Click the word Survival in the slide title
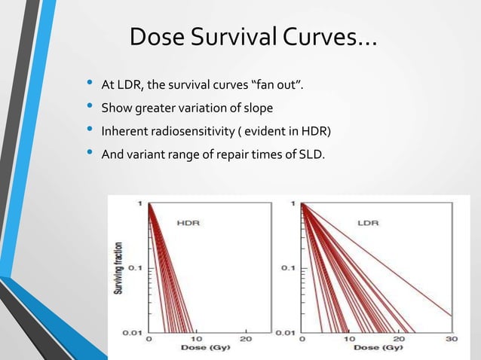[236, 36]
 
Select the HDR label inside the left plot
[189, 222]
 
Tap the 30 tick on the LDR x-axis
[452, 339]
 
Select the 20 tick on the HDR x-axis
[245, 339]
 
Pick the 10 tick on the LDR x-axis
[351, 339]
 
